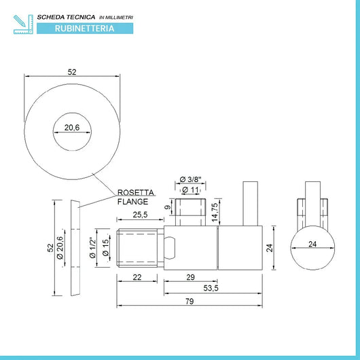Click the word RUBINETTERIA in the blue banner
pos(84,29)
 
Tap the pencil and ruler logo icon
pos(23,24)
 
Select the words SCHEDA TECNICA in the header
pos(66,17)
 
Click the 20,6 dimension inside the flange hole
pos(72,128)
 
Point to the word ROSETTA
pos(136,192)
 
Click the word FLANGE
pos(132,202)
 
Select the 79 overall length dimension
pos(190,301)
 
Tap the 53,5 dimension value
pos(211,288)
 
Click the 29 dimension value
pos(191,277)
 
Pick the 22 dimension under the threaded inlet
pos(137,277)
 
